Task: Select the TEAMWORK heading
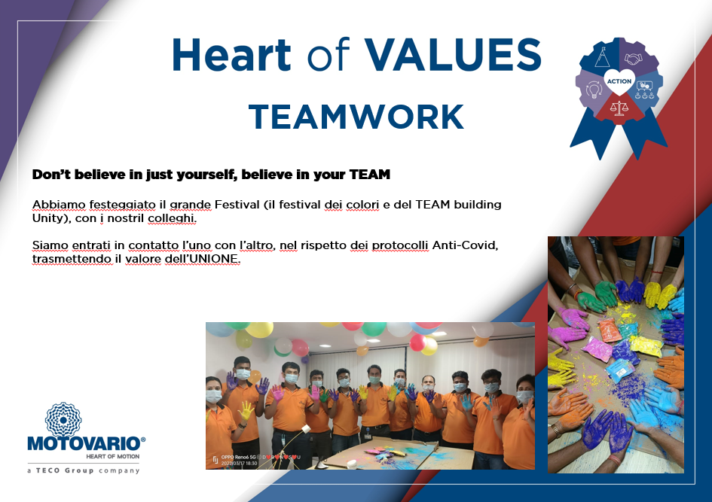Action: pyautogui.click(x=356, y=117)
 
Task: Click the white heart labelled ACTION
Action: pyautogui.click(x=619, y=81)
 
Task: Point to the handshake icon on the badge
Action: pyautogui.click(x=634, y=59)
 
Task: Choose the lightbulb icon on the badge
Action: pyautogui.click(x=594, y=90)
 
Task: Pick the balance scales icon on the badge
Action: pyautogui.click(x=619, y=108)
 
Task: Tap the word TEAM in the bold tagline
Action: pyautogui.click(x=370, y=175)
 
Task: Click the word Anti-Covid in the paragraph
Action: pyautogui.click(x=465, y=245)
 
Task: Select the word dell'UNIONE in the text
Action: pyautogui.click(x=203, y=259)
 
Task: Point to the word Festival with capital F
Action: pyautogui.click(x=237, y=205)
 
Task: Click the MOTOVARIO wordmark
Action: pyautogui.click(x=87, y=443)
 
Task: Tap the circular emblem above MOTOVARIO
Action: pyautogui.click(x=63, y=419)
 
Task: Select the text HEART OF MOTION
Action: pyautogui.click(x=112, y=457)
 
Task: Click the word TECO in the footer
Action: pyautogui.click(x=47, y=470)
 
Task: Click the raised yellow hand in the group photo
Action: pyautogui.click(x=246, y=410)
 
